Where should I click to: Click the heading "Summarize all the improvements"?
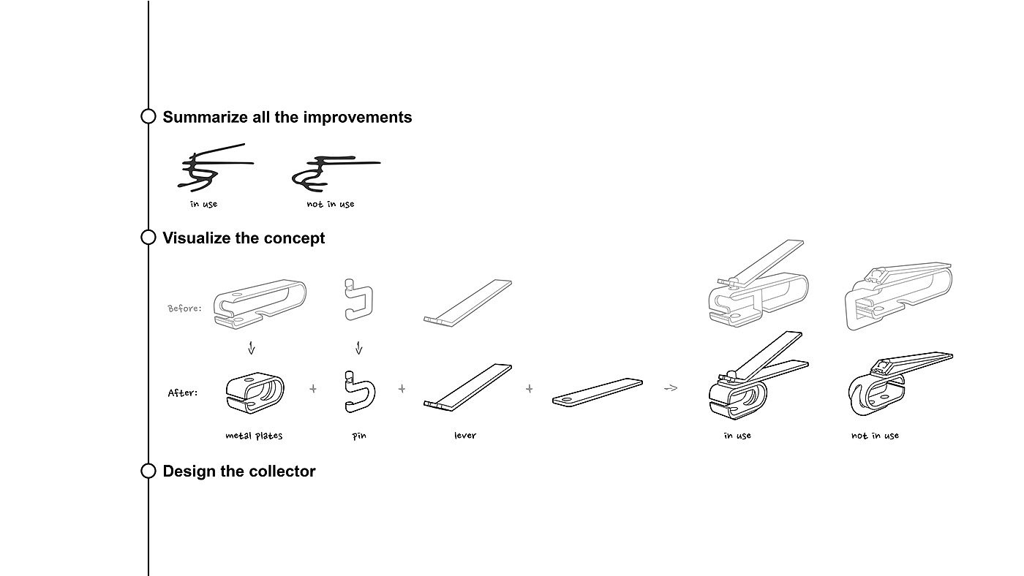coord(287,118)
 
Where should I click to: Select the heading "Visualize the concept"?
coord(244,238)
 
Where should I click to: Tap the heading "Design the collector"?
coord(238,471)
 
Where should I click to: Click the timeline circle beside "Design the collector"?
coord(148,471)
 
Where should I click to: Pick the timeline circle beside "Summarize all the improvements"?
coord(148,116)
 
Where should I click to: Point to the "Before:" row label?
coord(184,308)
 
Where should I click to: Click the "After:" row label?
coord(183,393)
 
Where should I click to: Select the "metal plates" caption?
coord(254,436)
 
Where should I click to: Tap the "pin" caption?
coord(359,436)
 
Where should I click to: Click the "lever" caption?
coord(465,436)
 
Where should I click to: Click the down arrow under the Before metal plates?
coord(252,347)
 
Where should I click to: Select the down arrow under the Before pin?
coord(359,347)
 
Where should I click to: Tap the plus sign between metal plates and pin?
coord(313,389)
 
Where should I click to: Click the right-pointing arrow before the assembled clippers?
coord(670,388)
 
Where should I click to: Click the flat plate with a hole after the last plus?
coord(597,392)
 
